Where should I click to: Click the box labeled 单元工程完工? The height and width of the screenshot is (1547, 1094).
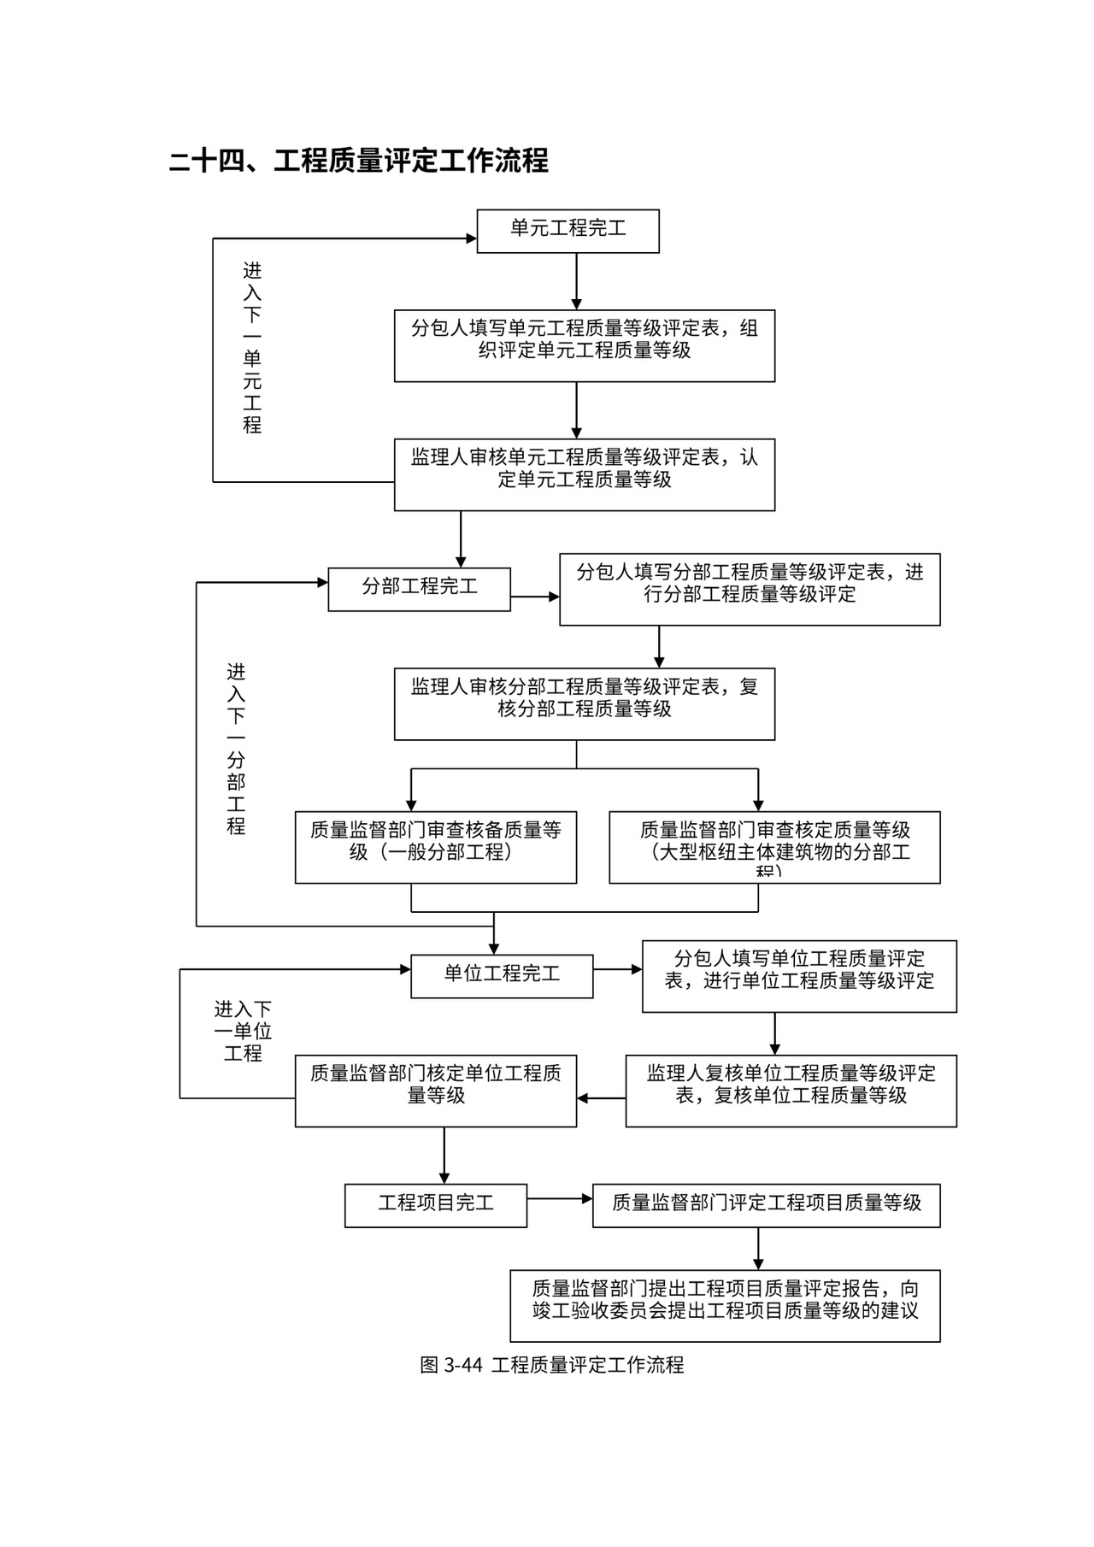[568, 231]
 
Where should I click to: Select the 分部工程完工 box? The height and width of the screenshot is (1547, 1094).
[419, 589]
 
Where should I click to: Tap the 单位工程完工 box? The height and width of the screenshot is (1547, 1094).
[502, 976]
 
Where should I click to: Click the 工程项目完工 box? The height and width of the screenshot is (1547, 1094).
[436, 1205]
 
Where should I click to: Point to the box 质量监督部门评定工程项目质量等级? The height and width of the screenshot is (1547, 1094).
[766, 1205]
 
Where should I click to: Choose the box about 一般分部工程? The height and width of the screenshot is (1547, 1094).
[436, 846]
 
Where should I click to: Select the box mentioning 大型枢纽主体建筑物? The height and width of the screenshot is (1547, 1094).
[774, 846]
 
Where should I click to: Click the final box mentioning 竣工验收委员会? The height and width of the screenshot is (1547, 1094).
[725, 1305]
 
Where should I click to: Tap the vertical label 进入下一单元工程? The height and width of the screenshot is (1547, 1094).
[252, 348]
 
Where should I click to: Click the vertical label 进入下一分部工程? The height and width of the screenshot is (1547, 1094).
[236, 749]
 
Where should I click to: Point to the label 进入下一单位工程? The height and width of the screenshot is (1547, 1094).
[243, 1032]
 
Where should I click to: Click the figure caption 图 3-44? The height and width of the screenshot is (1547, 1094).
[552, 1365]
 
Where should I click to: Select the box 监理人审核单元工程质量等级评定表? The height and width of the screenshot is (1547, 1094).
[585, 474]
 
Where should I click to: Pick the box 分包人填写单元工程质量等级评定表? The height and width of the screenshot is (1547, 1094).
[585, 345]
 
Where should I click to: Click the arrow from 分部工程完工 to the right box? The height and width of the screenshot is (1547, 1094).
[535, 597]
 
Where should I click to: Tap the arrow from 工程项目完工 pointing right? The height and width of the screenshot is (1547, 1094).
[560, 1199]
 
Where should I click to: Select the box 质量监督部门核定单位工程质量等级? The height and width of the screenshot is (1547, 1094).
[436, 1090]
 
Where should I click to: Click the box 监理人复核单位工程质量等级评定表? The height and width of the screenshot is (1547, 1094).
[791, 1090]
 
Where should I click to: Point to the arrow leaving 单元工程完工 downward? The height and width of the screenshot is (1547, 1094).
[576, 281]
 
